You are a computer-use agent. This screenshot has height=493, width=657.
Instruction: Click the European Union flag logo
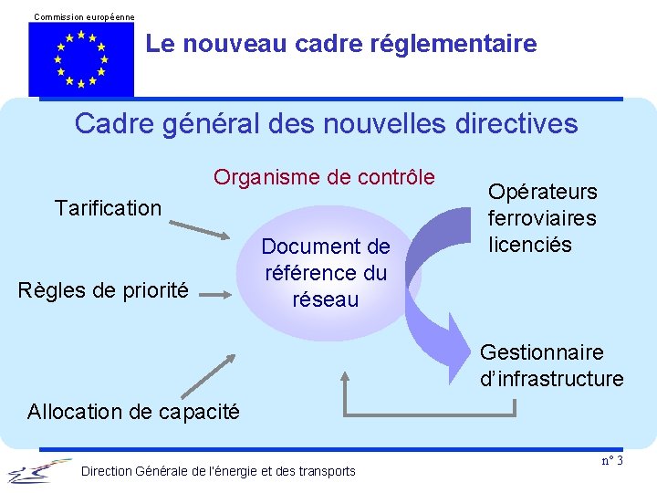pyautogui.click(x=81, y=59)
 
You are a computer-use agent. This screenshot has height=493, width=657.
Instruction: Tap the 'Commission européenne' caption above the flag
pyautogui.click(x=84, y=16)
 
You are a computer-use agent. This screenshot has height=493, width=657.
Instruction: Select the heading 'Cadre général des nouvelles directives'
pyautogui.click(x=327, y=123)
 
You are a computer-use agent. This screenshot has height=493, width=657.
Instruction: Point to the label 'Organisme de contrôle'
pyautogui.click(x=325, y=177)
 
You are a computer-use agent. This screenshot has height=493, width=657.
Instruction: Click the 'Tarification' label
pyautogui.click(x=108, y=208)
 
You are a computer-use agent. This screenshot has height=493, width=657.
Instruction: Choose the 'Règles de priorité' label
pyautogui.click(x=103, y=291)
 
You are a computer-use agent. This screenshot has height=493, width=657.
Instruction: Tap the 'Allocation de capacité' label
pyautogui.click(x=133, y=412)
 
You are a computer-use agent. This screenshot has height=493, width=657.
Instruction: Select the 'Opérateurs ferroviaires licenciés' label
pyautogui.click(x=542, y=218)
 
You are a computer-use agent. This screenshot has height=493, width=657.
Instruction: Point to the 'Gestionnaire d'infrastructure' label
pyautogui.click(x=551, y=365)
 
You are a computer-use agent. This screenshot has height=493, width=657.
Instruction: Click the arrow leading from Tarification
pyautogui.click(x=203, y=227)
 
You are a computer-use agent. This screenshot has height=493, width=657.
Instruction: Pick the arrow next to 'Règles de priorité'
pyautogui.click(x=218, y=294)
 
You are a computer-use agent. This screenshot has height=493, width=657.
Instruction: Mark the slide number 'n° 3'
pyautogui.click(x=612, y=460)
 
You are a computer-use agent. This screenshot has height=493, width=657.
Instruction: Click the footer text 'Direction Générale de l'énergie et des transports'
pyautogui.click(x=219, y=471)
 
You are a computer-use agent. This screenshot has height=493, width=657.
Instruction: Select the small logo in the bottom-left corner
pyautogui.click(x=38, y=470)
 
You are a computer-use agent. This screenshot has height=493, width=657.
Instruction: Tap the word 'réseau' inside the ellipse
pyautogui.click(x=326, y=299)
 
